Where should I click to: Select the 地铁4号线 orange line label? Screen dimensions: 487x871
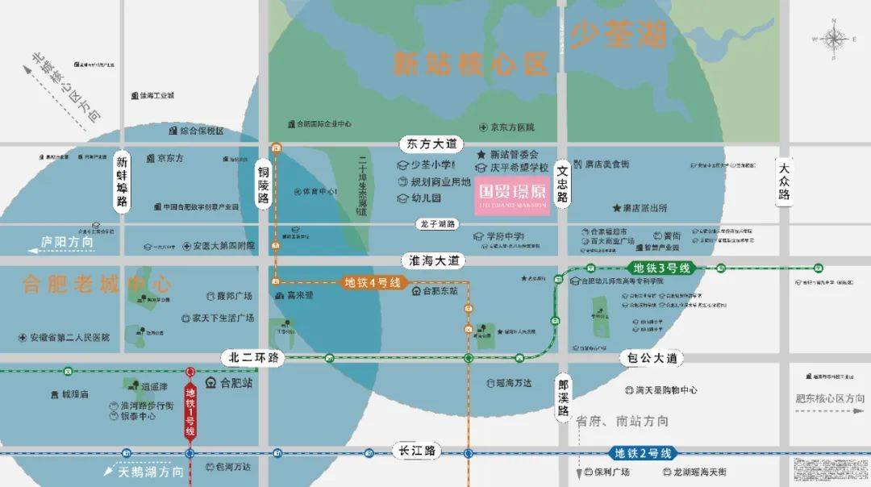coord(373,282)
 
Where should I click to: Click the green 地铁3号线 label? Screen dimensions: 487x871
coord(655,268)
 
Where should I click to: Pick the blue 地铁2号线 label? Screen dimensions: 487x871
coord(643,453)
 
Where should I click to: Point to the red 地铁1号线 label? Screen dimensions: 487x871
coord(190,412)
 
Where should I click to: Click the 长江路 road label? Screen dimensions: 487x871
coord(417,451)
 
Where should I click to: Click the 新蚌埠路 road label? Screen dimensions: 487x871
coord(122,180)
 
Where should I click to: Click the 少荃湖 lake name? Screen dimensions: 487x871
coord(619,34)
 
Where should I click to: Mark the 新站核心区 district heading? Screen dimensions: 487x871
coord(470,63)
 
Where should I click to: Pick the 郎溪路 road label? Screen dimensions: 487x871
coord(563,398)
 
